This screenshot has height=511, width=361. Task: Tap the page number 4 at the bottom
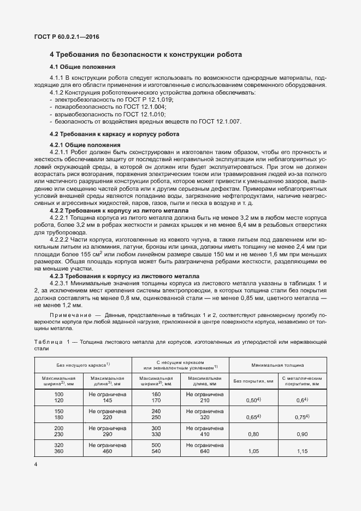coord(35,464)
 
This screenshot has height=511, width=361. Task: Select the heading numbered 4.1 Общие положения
coord(82,67)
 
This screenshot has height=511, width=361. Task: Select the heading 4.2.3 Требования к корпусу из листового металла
coord(125,276)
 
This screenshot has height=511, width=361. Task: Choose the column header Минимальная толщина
coord(277,364)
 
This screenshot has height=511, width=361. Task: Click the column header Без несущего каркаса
coord(84,364)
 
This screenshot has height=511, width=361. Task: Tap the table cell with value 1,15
coord(302,451)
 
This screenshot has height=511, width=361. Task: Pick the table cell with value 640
coord(205,451)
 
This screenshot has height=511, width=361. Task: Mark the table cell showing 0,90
coord(302,434)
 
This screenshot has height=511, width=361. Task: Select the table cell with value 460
coord(108,451)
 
